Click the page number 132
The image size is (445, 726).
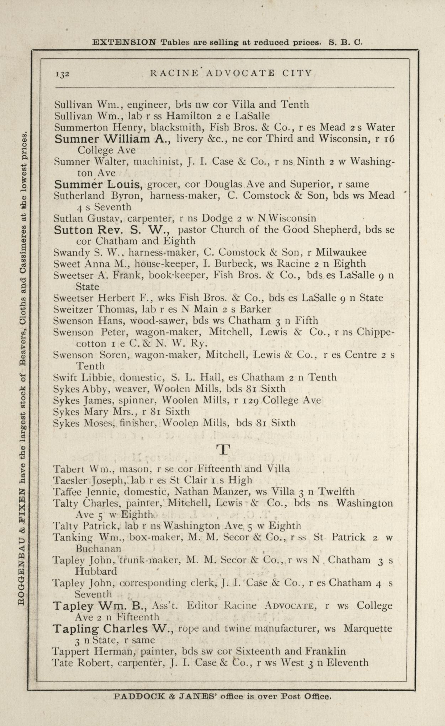(x=62, y=74)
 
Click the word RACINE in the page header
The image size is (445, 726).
(x=174, y=74)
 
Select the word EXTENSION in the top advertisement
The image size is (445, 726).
(x=124, y=43)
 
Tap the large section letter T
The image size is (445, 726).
(x=223, y=450)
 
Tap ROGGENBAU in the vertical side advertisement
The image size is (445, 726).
(x=21, y=576)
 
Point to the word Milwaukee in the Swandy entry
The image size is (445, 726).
(x=341, y=252)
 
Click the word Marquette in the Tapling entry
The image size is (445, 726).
(x=368, y=629)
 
